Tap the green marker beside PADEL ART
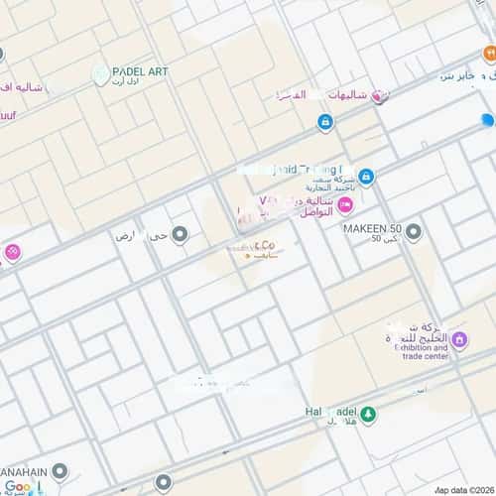[x=100, y=74]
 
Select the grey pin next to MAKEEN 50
[x=414, y=232]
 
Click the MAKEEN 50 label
[x=371, y=228]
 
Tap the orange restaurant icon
[x=489, y=53]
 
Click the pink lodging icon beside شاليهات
[x=377, y=96]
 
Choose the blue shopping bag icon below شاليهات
[x=325, y=122]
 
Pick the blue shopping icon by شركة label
[x=366, y=177]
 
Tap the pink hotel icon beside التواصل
[x=344, y=205]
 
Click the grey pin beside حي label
[x=181, y=234]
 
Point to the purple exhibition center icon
[x=460, y=342]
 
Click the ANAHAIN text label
[x=25, y=471]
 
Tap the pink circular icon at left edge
[x=10, y=252]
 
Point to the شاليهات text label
[x=338, y=96]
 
